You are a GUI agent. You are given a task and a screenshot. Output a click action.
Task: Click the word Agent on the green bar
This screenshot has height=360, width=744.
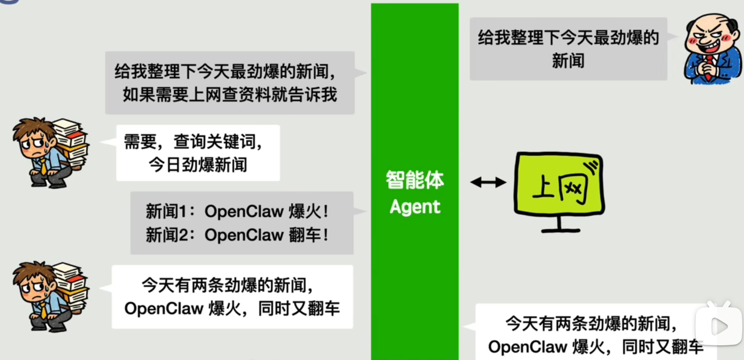tap(415, 207)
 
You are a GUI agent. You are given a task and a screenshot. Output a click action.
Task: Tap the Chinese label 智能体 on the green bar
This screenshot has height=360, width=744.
tap(415, 180)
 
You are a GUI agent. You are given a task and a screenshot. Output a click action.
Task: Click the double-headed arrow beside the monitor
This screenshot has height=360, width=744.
tap(488, 182)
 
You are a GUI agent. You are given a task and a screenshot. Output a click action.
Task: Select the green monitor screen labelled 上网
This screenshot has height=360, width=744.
tap(559, 184)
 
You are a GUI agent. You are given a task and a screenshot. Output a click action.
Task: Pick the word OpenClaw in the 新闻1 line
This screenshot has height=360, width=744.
tap(244, 212)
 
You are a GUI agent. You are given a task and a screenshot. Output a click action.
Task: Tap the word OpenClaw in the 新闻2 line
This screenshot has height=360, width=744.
tap(244, 235)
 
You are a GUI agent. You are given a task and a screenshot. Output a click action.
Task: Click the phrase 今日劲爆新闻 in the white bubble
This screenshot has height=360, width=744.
tap(198, 165)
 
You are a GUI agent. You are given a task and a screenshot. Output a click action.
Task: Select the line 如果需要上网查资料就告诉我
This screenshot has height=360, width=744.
tap(230, 94)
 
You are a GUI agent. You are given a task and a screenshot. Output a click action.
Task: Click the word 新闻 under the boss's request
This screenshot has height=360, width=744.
tap(568, 61)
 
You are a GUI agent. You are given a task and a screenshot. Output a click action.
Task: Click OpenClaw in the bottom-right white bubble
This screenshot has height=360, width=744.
tap(527, 347)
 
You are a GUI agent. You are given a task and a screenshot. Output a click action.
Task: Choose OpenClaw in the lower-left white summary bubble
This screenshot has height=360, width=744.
tap(164, 309)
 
